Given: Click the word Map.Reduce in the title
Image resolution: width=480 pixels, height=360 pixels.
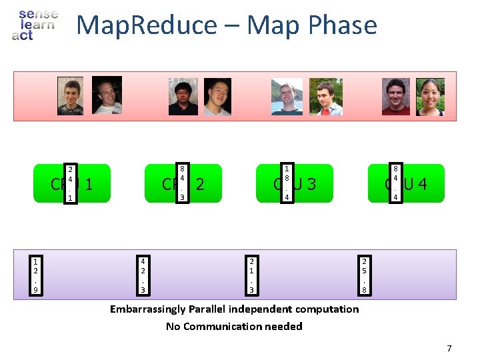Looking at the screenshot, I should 147,25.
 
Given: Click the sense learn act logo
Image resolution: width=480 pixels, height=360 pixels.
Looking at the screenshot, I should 35,24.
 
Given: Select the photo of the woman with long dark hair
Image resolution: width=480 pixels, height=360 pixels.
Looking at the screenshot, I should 430,97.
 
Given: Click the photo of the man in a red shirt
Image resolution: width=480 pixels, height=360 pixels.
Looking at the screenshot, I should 396,97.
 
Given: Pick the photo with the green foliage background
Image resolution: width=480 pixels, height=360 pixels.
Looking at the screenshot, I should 325,97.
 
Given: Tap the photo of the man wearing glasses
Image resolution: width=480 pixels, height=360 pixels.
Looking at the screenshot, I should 183,97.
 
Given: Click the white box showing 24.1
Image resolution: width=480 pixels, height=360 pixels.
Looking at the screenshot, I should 69,183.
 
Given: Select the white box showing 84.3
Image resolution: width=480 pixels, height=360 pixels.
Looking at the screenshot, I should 182,183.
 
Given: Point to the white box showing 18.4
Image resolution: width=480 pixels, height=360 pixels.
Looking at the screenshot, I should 286,183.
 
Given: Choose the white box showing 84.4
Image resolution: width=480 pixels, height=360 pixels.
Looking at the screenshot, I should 395,183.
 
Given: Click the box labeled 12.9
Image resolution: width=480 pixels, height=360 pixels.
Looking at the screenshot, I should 35,275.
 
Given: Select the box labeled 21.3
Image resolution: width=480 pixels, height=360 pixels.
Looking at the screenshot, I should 251,275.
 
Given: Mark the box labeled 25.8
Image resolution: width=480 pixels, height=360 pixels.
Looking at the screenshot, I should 363,275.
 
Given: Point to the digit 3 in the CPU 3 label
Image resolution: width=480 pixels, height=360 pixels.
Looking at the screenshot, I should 310,183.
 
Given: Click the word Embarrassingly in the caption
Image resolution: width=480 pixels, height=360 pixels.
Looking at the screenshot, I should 149,309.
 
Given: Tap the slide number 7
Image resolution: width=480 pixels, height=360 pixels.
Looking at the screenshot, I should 449,348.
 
